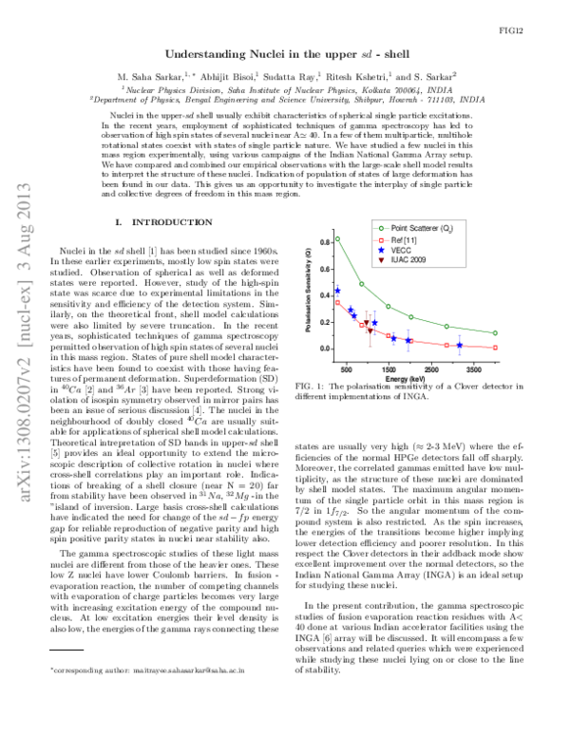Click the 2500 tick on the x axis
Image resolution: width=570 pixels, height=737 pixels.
click(x=430, y=366)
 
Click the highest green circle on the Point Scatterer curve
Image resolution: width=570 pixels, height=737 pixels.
click(x=337, y=238)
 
